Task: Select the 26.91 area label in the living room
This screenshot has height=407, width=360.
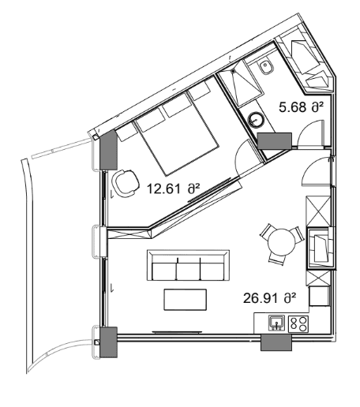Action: click(x=268, y=298)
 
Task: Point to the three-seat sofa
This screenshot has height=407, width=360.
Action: click(x=188, y=267)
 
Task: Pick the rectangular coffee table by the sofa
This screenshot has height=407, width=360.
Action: click(x=186, y=301)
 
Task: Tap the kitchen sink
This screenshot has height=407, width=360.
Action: click(x=276, y=322)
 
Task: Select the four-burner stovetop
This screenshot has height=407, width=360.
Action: click(x=298, y=322)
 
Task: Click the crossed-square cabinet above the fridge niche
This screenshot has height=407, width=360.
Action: click(x=320, y=211)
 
